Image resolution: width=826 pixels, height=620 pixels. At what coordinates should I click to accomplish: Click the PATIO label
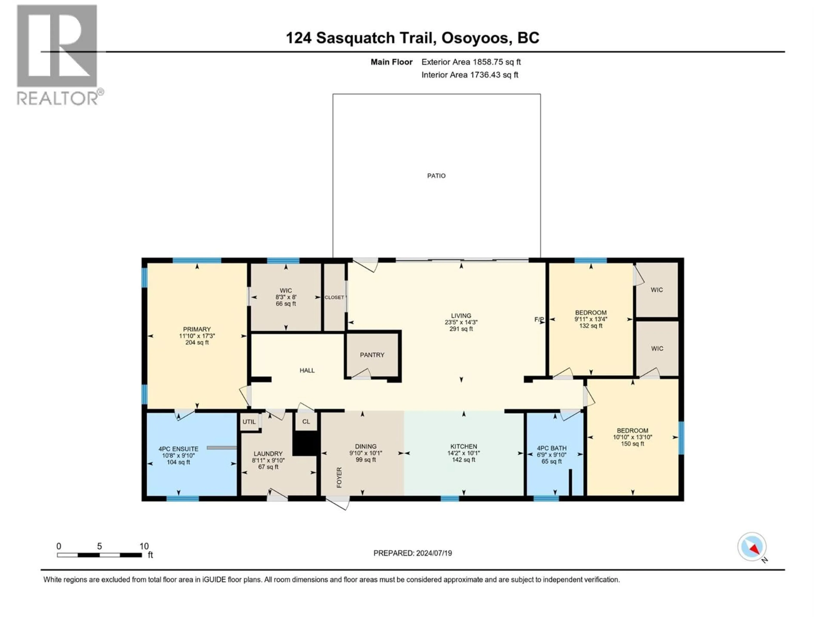[436, 176]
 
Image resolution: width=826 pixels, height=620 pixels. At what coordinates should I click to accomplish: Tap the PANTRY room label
[372, 355]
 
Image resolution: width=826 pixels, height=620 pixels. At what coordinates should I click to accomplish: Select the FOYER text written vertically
[339, 477]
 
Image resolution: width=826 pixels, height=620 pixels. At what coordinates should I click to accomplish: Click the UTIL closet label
[249, 422]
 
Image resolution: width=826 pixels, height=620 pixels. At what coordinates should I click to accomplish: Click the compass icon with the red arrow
[752, 547]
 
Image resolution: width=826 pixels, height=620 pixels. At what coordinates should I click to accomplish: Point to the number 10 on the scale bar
[144, 546]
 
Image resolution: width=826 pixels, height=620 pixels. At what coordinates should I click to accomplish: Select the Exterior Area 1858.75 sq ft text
[471, 62]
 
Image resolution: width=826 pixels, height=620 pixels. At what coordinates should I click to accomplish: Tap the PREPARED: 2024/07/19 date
[412, 553]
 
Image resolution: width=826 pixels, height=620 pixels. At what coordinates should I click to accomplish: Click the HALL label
[307, 370]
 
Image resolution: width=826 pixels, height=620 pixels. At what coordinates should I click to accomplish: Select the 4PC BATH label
[552, 448]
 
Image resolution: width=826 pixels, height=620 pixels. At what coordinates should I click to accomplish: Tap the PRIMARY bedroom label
[197, 329]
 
